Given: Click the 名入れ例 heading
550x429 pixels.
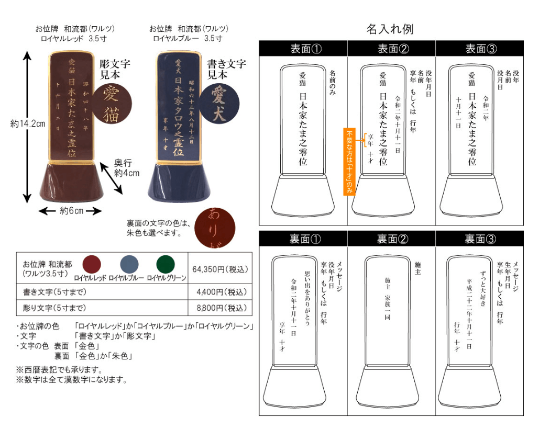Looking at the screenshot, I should click(390, 29).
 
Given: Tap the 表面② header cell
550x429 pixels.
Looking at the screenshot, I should click(391, 49).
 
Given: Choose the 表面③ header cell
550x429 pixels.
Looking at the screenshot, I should click(479, 49).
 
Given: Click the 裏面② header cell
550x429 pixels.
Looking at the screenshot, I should click(391, 239).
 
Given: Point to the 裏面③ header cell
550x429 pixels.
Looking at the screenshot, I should click(479, 239).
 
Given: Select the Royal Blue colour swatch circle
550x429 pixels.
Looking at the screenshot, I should click(129, 264).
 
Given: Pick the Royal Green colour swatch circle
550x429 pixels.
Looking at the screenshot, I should click(166, 264).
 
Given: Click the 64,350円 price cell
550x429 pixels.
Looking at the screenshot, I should click(220, 269).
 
